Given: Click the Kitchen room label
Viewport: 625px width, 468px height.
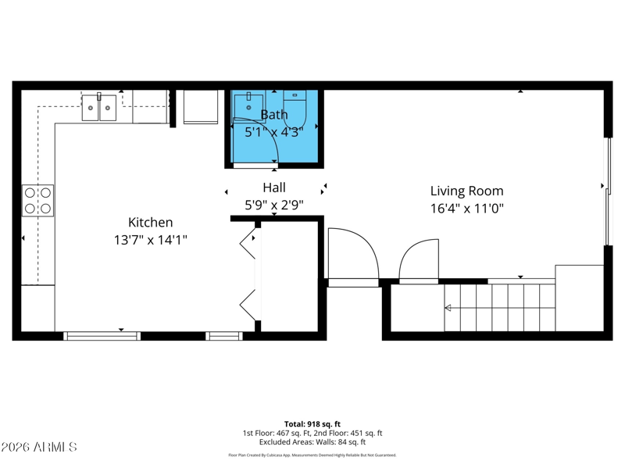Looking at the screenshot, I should coord(150,223).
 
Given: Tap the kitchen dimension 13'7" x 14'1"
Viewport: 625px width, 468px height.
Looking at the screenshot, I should coord(150,241).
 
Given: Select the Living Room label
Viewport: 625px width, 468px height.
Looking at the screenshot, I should coord(466,191).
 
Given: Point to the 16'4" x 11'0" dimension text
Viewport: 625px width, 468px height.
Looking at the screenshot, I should coord(466,209).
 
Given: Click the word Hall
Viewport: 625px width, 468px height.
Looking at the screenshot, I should coord(273,188).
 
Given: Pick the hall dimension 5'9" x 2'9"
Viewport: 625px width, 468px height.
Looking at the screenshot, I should coord(273,205).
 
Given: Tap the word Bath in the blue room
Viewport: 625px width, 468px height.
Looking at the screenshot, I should coord(273,115).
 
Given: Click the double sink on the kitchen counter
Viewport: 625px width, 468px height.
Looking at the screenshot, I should coord(99,108).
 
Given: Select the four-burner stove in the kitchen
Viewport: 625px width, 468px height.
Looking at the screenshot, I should coord(37,200).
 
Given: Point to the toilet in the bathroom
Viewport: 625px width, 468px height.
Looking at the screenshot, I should coord(295,107).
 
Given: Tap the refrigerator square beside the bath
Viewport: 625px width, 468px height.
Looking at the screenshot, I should coord(201,107).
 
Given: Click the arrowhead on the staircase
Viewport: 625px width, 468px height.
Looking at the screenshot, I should coord(448,308).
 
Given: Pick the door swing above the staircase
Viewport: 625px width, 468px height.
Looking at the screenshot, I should coord(420,260).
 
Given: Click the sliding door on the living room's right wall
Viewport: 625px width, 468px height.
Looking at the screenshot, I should coord(609,191).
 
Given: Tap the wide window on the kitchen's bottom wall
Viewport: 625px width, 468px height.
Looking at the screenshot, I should coord(102,336).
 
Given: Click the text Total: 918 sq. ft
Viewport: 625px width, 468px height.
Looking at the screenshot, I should coord(312,424).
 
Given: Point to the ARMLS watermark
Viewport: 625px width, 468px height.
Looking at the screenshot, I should coord(39,448).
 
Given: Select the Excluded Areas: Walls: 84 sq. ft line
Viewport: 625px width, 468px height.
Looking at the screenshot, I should coord(312,442).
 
